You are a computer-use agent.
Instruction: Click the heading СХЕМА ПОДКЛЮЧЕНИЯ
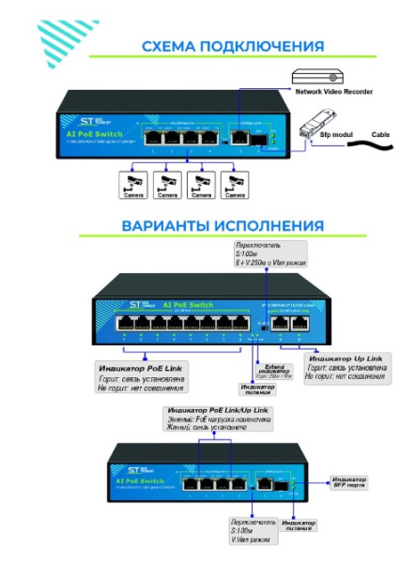[x=232, y=46]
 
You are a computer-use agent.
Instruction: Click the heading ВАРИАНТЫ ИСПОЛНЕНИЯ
[x=222, y=226]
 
